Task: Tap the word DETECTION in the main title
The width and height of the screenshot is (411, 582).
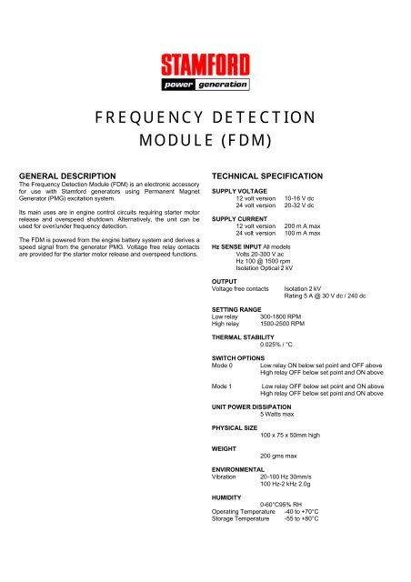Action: [256, 118]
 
